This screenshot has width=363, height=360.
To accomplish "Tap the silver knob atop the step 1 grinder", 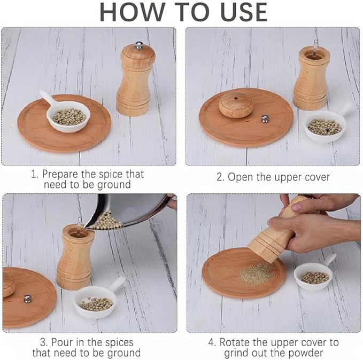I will click(138, 45).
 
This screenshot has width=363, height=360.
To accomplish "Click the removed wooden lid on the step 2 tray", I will click(236, 105).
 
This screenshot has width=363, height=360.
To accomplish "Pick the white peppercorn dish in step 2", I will click(324, 127).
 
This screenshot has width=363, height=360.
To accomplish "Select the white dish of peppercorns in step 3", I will click(96, 302).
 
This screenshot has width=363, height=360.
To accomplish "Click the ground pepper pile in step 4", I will click(257, 273).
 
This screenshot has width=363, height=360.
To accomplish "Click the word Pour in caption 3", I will click(62, 342).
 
